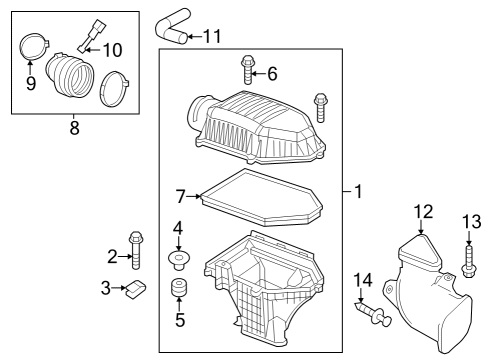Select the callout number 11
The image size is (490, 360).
point(211,37)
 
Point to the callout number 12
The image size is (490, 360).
point(423,211)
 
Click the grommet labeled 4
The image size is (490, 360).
point(180,260)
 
